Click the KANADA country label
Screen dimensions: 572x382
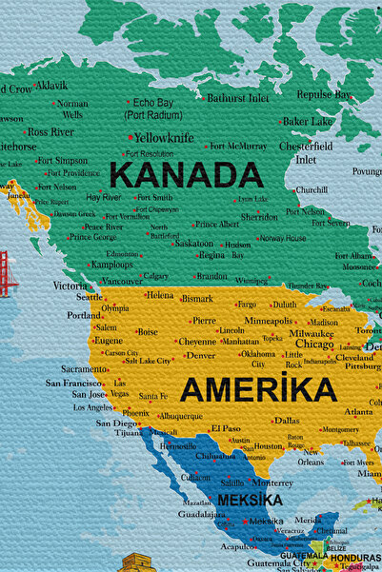(186, 175)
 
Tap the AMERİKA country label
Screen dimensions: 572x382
(258, 389)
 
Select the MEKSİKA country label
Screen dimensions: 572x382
(250, 500)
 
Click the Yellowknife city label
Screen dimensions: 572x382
(163, 137)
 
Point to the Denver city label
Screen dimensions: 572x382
(200, 355)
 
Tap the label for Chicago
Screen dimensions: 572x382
(314, 345)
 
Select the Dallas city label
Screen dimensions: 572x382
(287, 420)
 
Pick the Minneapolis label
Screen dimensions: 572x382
(269, 321)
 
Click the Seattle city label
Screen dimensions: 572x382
(90, 296)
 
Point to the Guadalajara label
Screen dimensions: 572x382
(201, 513)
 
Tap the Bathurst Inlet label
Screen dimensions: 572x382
(238, 97)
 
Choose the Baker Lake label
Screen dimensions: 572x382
(309, 121)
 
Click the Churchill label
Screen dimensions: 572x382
(311, 189)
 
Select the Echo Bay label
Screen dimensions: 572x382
(153, 102)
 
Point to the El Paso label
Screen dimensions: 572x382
(226, 428)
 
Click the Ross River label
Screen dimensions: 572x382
(50, 131)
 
